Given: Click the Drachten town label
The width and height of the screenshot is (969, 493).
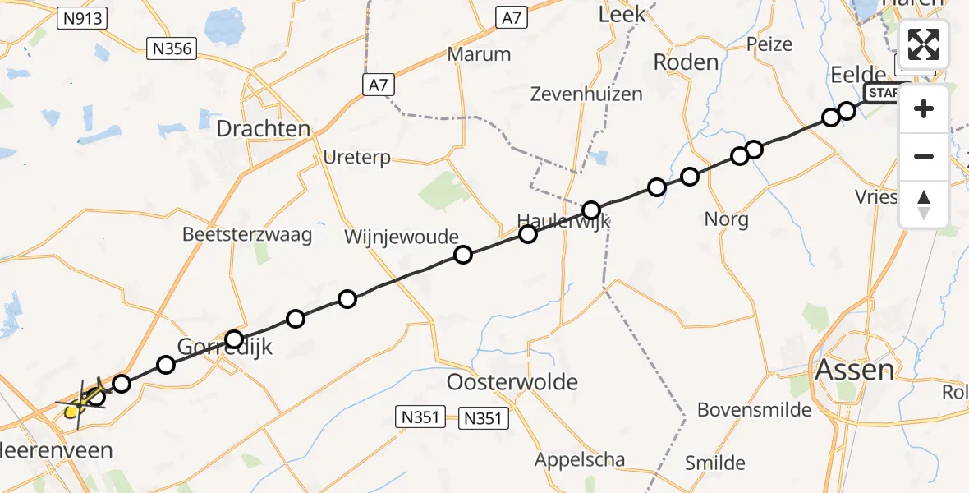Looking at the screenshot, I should (x=264, y=129).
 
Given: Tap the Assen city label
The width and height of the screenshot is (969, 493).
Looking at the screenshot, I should (x=854, y=371).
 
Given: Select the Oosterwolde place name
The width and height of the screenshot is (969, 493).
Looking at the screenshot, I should (x=512, y=382).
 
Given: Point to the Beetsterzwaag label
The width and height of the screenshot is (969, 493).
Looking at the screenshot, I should (x=247, y=235).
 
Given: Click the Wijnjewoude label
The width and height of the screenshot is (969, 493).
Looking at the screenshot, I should (x=402, y=238).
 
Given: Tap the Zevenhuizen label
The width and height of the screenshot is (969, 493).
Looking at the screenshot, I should (x=586, y=94).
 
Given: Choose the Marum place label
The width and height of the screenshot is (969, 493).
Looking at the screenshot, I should (x=479, y=55).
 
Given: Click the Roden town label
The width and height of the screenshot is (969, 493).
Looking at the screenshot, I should (x=685, y=62).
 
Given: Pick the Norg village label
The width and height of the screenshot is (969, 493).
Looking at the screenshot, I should (x=727, y=219).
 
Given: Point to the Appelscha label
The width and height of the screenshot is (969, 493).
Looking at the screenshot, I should (x=579, y=460).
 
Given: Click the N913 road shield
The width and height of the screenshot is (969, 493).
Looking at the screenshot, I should (x=84, y=17).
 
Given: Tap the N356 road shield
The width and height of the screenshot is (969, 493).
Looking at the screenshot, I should (x=172, y=49).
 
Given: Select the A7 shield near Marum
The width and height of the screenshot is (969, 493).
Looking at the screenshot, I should (x=511, y=17).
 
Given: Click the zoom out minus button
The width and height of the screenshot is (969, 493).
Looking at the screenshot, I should (x=924, y=156).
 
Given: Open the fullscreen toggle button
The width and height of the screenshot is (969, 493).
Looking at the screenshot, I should (x=924, y=44).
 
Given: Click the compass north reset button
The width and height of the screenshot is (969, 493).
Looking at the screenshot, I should (x=924, y=204).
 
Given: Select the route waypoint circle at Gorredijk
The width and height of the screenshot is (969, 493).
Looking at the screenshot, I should (x=234, y=339).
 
